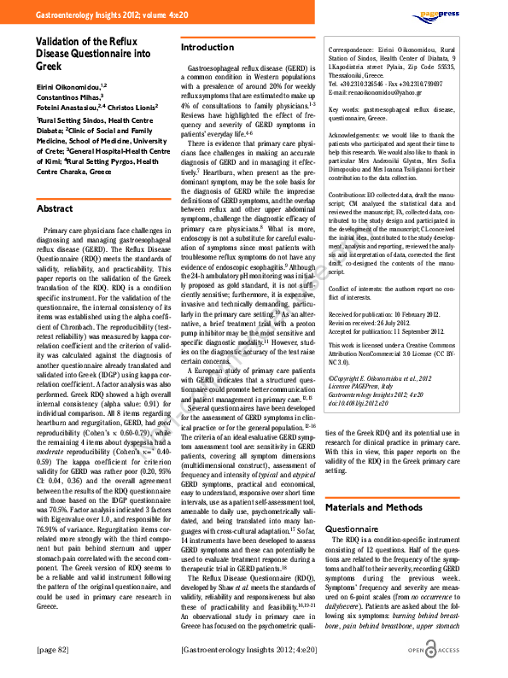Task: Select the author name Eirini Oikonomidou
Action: (x=67, y=86)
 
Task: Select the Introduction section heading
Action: (x=207, y=47)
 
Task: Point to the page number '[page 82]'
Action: (x=55, y=650)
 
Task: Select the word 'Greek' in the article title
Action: (x=50, y=67)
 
